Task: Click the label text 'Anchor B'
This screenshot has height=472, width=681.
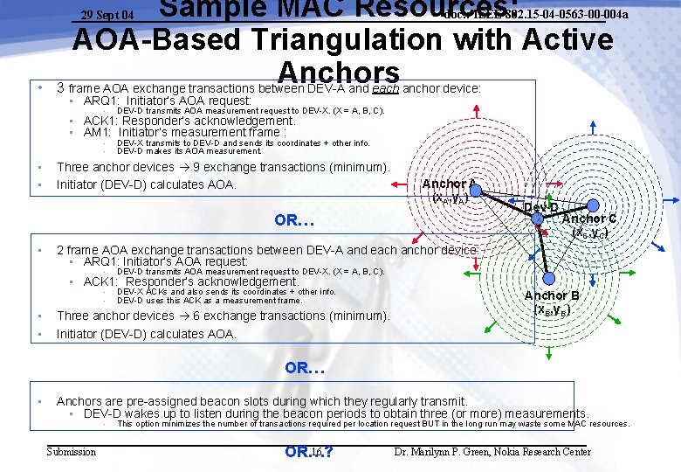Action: [x=552, y=296]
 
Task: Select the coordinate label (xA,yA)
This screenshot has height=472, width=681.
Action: [x=451, y=198]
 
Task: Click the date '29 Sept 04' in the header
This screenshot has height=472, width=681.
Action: [x=107, y=15]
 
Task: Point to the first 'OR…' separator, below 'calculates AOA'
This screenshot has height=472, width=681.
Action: [x=294, y=219]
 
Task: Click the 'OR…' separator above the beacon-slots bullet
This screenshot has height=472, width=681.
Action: [x=305, y=368]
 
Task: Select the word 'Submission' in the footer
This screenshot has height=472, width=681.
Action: [x=72, y=452]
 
